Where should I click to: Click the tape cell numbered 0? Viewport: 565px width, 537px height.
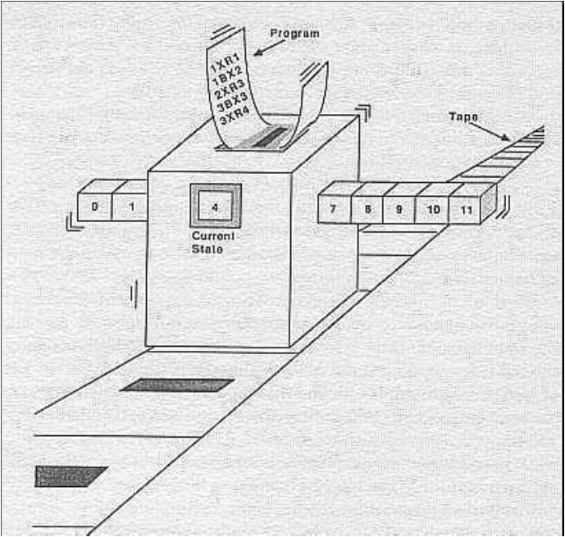tap(95, 207)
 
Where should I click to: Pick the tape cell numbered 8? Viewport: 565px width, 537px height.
tap(368, 209)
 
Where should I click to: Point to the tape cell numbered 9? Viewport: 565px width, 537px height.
tap(399, 209)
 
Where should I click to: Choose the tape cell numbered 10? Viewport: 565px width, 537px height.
tap(432, 209)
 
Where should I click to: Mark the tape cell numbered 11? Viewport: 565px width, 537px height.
tap(466, 209)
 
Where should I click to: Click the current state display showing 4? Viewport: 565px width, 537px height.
tap(216, 207)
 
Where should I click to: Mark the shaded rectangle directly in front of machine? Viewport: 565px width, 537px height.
tap(177, 385)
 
